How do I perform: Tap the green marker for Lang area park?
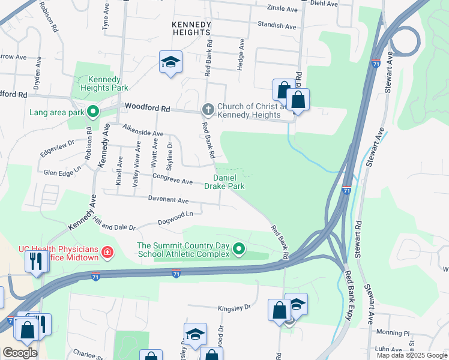click(93, 112)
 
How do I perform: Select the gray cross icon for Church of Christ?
click(208, 109)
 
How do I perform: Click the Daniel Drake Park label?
click(224, 182)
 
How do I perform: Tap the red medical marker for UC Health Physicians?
click(107, 253)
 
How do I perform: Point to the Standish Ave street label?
click(277, 26)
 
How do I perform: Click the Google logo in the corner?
click(20, 353)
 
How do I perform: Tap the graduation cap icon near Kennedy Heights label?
click(170, 62)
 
